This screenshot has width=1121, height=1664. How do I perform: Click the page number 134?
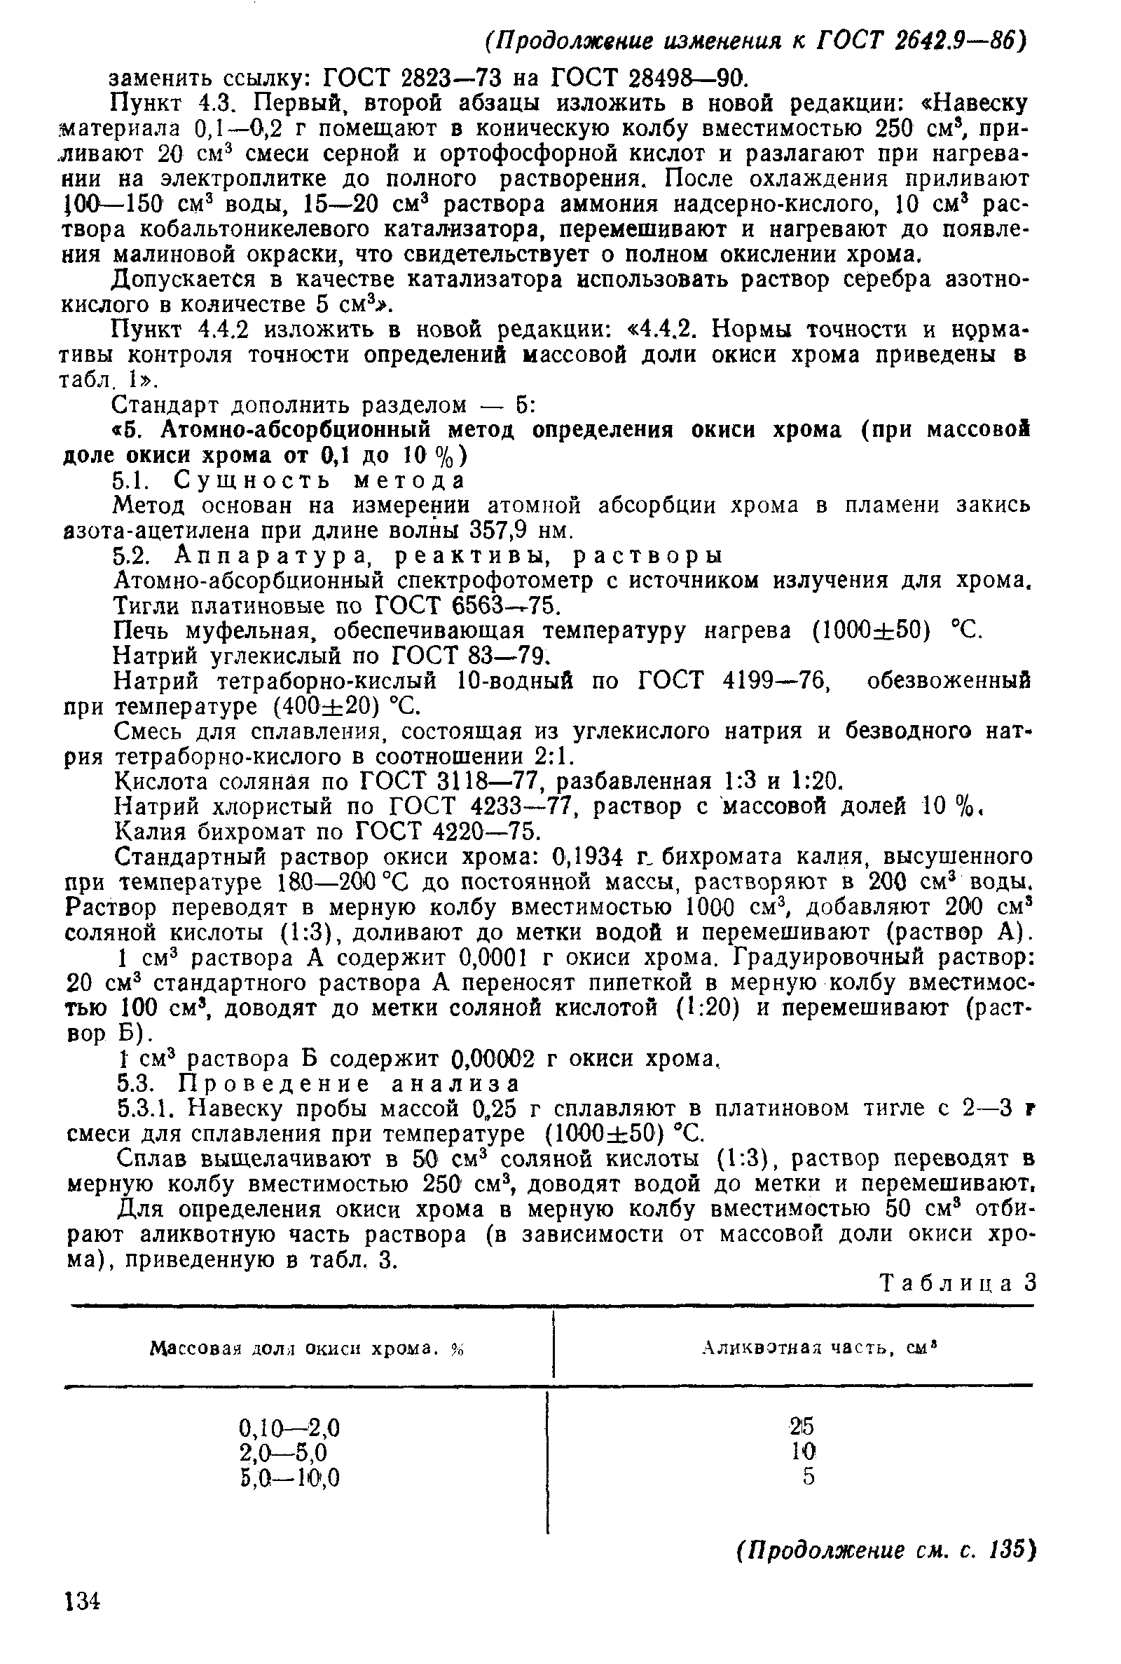tap(83, 1622)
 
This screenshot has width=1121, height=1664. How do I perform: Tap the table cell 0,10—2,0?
tap(289, 1428)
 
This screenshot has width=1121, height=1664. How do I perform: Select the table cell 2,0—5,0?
tap(283, 1452)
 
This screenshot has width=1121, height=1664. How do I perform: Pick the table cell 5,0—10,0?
tap(289, 1477)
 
